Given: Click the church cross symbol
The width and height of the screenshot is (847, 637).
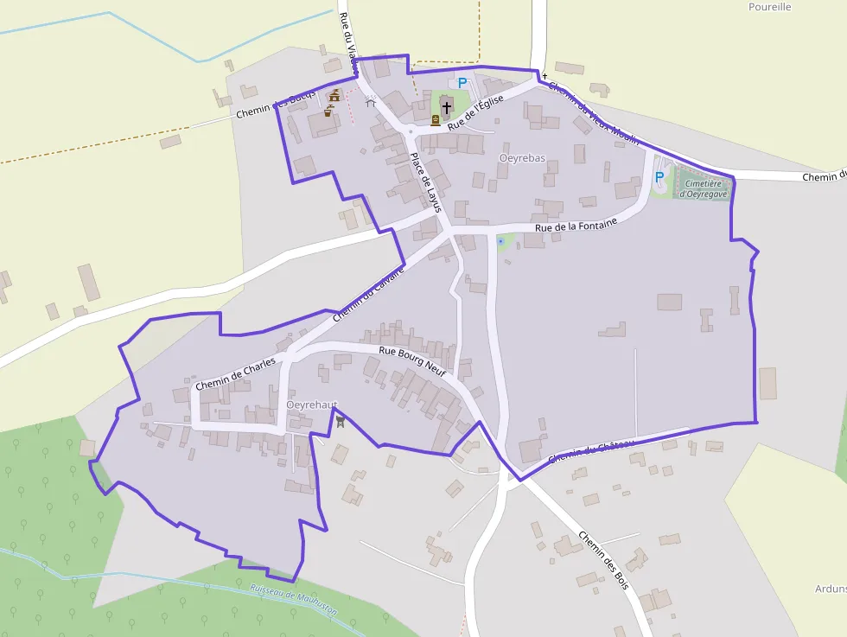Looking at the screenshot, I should (446, 107).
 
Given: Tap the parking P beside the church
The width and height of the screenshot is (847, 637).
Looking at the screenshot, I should (462, 83).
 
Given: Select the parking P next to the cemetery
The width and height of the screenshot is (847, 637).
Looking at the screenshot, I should (659, 177).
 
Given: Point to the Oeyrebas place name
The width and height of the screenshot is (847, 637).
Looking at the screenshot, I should (523, 158).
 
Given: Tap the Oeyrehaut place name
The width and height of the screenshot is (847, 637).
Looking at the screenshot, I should (311, 404).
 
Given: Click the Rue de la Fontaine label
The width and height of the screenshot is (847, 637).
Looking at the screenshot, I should (576, 226).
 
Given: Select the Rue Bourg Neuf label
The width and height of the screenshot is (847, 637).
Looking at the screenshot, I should (412, 361).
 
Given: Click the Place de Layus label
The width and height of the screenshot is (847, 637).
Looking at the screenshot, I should (425, 182).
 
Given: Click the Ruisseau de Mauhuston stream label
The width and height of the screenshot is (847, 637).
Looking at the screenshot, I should (293, 599).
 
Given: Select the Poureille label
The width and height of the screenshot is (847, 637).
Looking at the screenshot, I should (769, 7).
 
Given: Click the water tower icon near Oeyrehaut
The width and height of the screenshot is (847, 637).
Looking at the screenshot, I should (341, 422).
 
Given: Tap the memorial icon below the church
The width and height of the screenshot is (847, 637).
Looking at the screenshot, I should (435, 121).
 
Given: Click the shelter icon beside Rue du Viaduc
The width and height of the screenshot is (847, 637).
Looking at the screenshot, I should (371, 102).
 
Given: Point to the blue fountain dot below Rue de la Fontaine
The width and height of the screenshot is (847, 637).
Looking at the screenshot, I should (500, 241).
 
